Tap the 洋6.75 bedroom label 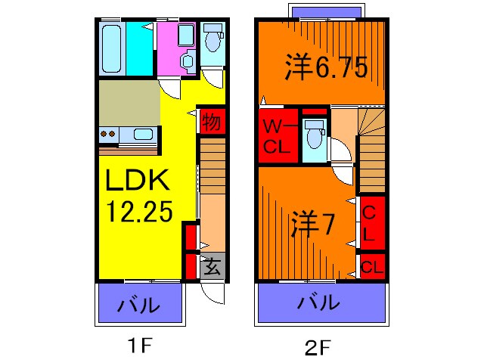click(x=326, y=68)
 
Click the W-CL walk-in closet click(x=278, y=136)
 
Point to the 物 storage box click(x=213, y=121)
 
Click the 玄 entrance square click(x=213, y=266)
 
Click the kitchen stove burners click(x=107, y=135)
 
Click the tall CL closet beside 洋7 click(x=371, y=222)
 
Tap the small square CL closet click(x=371, y=266)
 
